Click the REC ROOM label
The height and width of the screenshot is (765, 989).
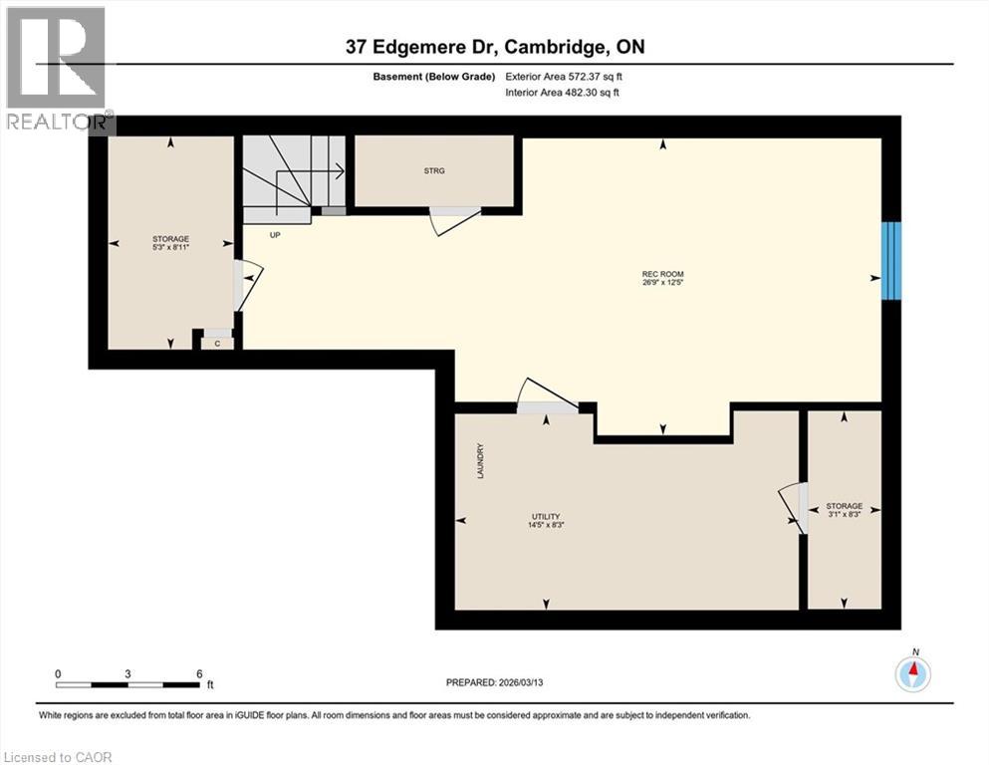662,274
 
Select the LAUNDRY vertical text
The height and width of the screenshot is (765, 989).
480,461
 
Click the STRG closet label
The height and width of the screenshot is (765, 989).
433,170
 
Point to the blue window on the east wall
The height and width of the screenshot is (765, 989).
891,260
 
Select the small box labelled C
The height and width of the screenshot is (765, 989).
218,343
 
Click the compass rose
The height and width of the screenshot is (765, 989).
912,674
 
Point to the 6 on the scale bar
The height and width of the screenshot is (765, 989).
199,673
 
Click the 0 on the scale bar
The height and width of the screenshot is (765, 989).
59,673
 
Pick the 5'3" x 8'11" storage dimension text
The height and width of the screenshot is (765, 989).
171,248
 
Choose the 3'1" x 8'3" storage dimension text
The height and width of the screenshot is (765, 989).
845,515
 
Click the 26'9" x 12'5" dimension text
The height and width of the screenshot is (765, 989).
662,283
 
